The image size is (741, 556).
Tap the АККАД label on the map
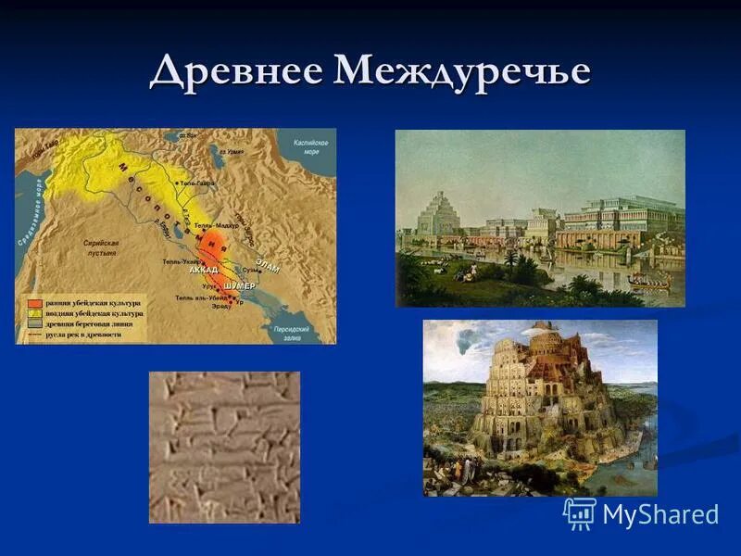click(x=203, y=270)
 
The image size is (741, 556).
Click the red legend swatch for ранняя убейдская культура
click(x=33, y=303)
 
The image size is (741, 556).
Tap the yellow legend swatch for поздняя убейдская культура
click(x=33, y=313)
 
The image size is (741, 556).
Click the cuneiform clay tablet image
click(x=224, y=447)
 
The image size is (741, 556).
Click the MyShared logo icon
click(x=580, y=513)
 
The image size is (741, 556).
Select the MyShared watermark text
click(x=660, y=515)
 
